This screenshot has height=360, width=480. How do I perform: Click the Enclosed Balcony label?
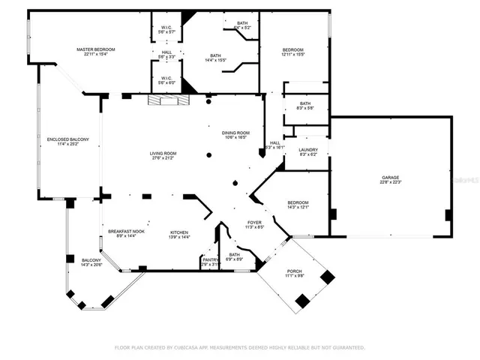[68, 139]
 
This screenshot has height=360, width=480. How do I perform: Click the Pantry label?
[210, 259]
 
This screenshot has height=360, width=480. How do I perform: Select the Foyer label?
[255, 223]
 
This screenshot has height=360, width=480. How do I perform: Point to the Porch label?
[295, 271]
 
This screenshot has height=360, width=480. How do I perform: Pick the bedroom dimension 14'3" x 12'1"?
[298, 207]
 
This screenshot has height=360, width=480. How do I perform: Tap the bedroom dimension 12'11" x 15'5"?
[292, 54]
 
